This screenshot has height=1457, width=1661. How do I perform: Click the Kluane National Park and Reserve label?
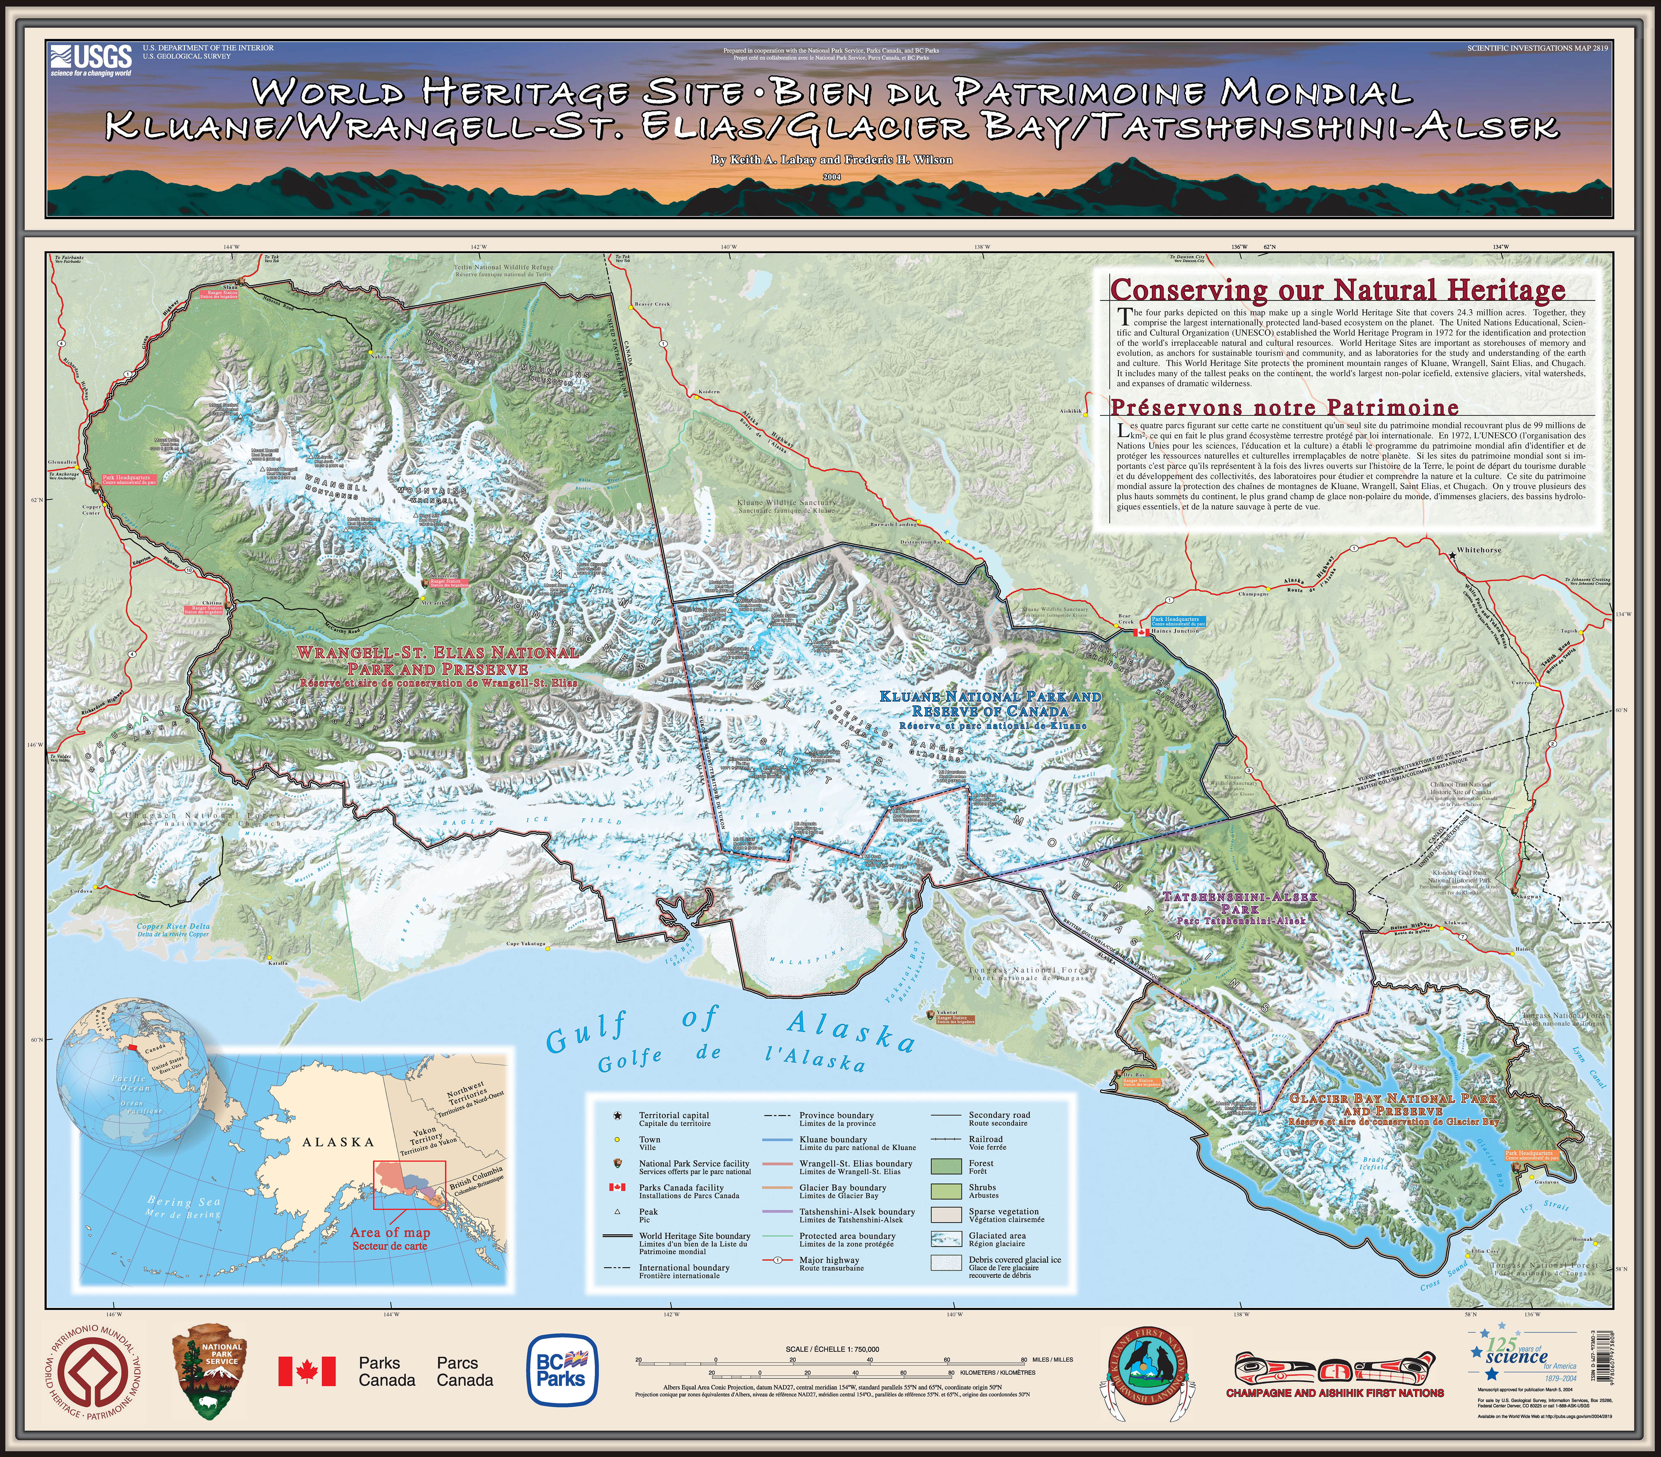click(x=991, y=704)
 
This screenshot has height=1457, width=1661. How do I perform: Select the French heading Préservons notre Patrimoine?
click(x=1284, y=407)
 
